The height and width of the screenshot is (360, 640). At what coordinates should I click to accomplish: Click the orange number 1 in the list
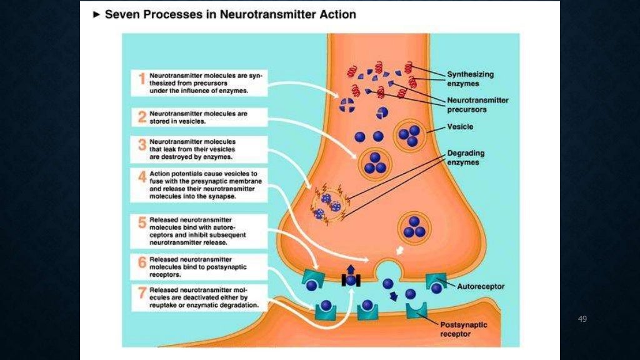(x=142, y=79)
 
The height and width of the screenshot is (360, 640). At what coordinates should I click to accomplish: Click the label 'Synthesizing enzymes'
(x=470, y=78)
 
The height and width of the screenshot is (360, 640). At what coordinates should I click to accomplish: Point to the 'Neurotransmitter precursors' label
(x=477, y=104)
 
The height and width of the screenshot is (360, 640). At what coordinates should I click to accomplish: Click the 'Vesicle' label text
(x=460, y=127)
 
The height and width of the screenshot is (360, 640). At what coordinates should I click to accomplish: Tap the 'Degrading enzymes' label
(x=465, y=157)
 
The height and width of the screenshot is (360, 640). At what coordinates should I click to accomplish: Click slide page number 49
(x=582, y=319)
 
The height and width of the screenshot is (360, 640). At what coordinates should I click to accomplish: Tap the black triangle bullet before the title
(x=96, y=14)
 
